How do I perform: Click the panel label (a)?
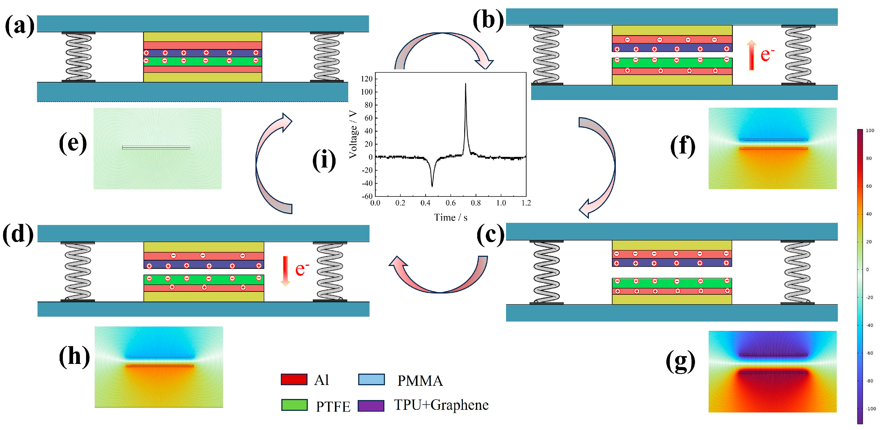click(x=19, y=26)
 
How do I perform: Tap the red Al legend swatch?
click(x=294, y=379)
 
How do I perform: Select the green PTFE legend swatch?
click(x=294, y=405)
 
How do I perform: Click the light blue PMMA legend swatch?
click(x=371, y=379)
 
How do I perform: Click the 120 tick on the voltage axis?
click(x=367, y=79)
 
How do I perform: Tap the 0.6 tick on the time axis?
click(x=450, y=203)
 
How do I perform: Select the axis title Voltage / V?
click(x=353, y=134)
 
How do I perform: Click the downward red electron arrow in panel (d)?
click(x=285, y=271)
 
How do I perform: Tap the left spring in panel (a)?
click(x=78, y=57)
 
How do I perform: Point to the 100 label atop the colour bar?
click(x=870, y=130)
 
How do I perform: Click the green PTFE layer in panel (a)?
click(x=203, y=61)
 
